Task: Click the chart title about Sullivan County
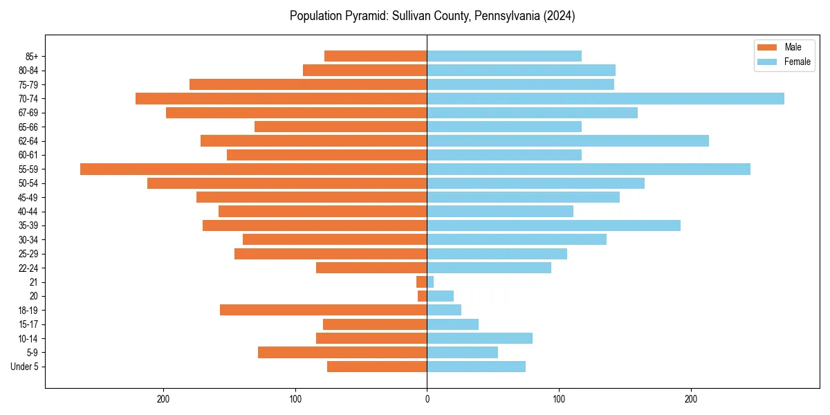(x=432, y=16)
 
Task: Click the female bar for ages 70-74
(x=605, y=98)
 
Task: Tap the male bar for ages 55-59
(x=254, y=169)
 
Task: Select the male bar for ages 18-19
(x=323, y=310)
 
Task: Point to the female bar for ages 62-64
(x=568, y=140)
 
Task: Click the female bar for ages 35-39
(x=553, y=225)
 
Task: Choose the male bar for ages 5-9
(x=342, y=352)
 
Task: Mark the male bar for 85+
(x=376, y=56)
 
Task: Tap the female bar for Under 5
(x=476, y=367)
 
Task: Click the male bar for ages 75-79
(x=308, y=84)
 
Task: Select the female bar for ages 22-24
(x=489, y=268)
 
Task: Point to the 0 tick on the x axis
(x=427, y=399)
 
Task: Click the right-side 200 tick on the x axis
(x=690, y=399)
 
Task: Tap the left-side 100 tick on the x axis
(x=295, y=399)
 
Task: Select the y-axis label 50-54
(x=28, y=183)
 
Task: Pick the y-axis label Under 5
(x=24, y=367)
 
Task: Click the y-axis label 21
(x=33, y=282)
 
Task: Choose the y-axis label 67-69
(x=28, y=113)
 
